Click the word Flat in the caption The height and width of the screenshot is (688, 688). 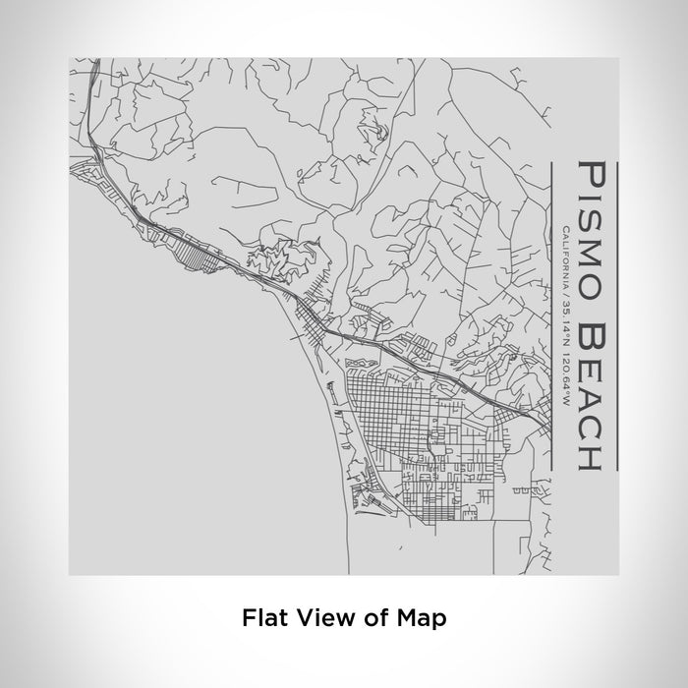263,618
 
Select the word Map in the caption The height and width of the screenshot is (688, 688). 420,618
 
